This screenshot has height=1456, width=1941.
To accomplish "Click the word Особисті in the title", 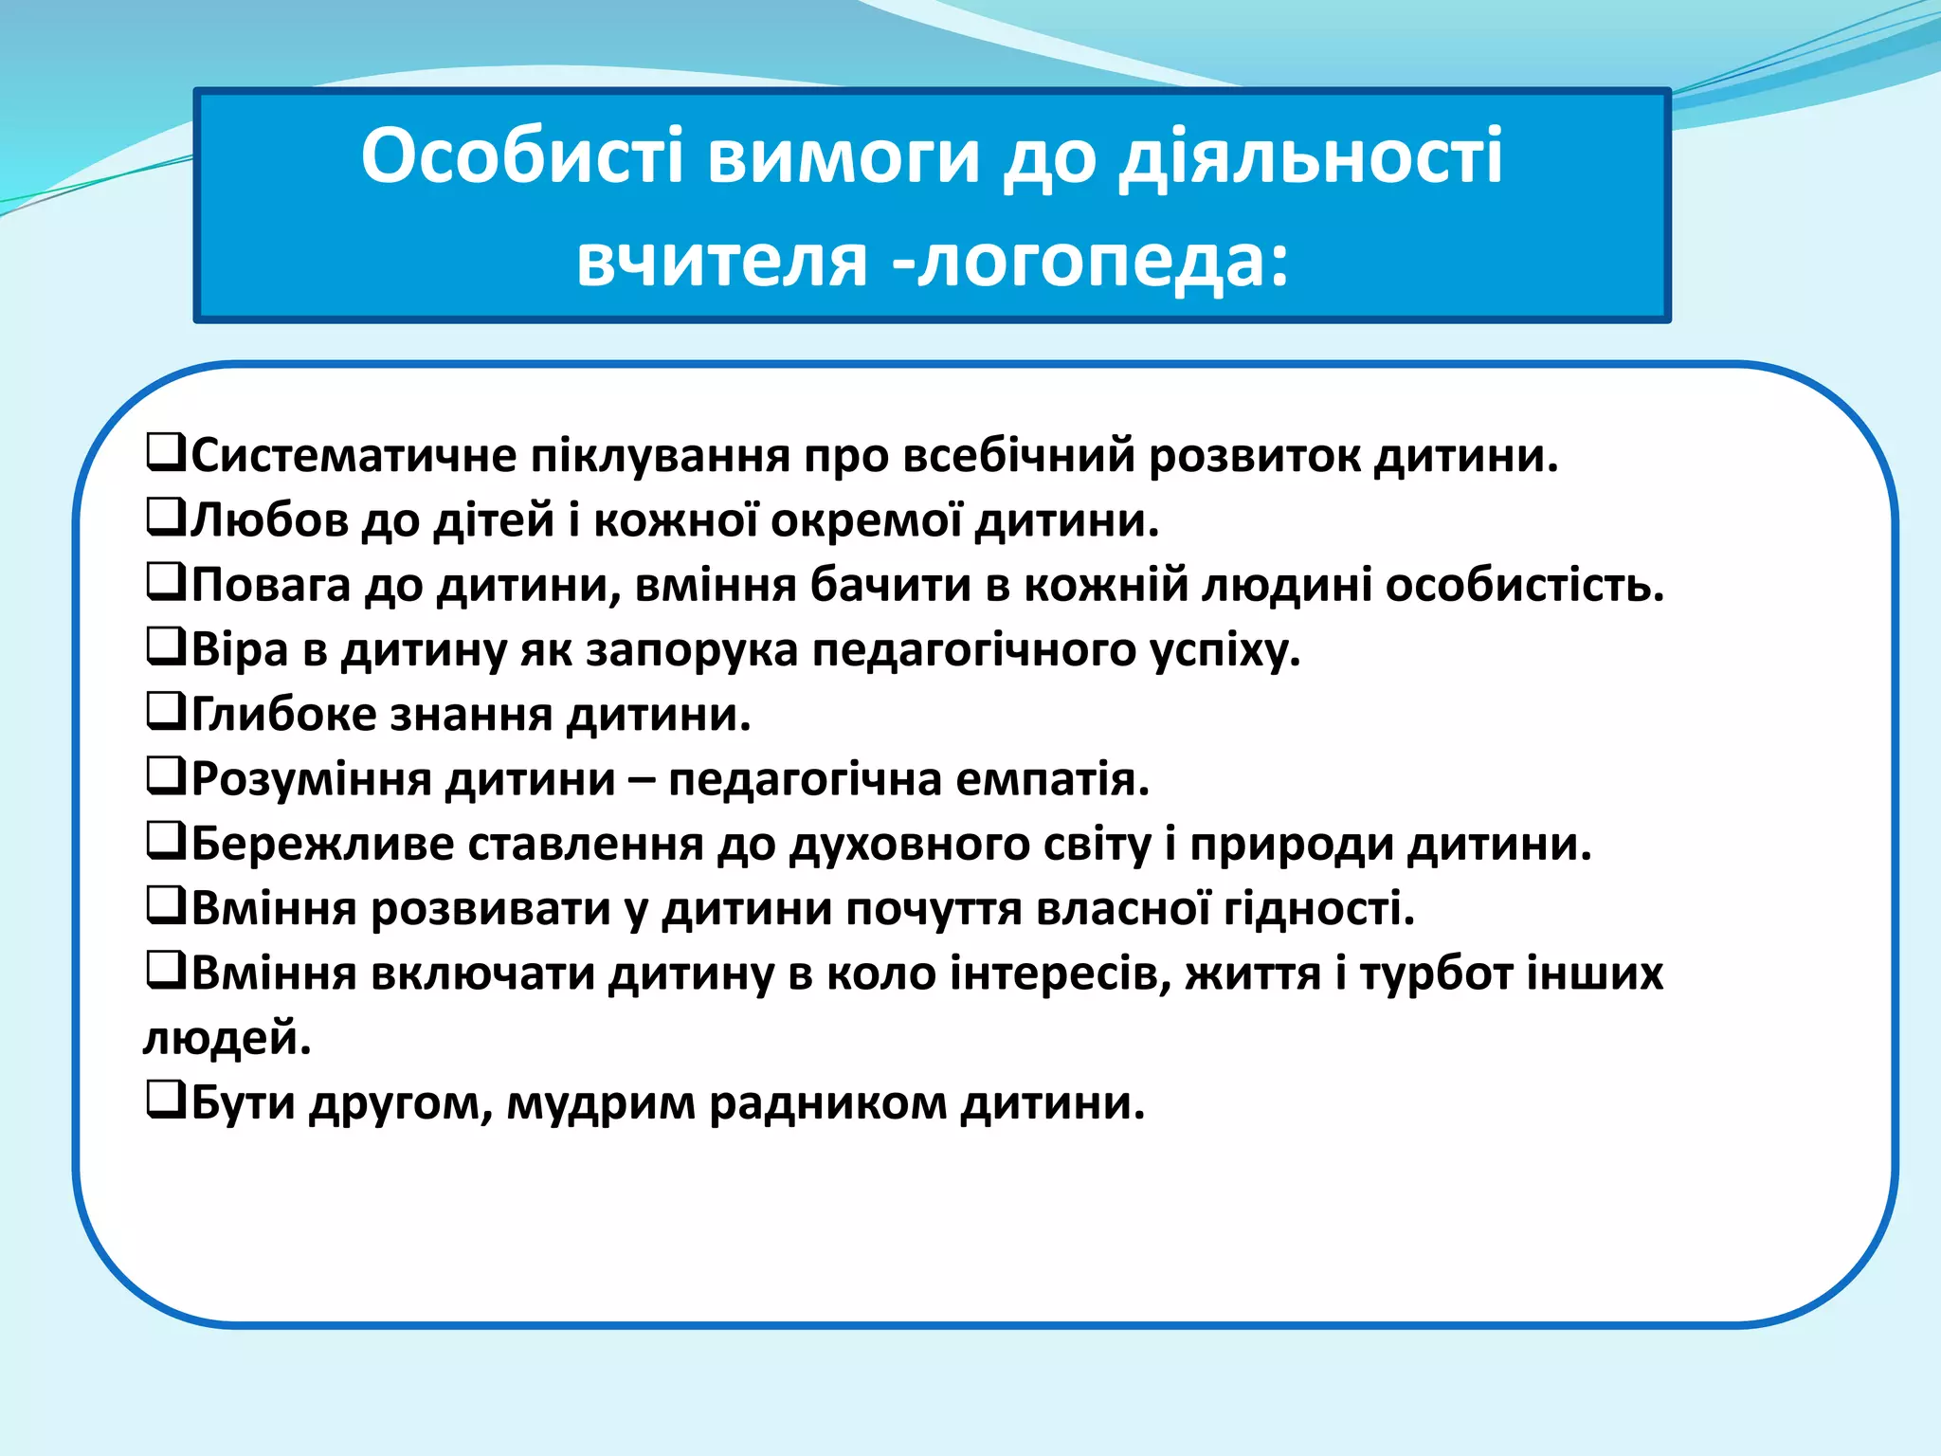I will (x=521, y=156).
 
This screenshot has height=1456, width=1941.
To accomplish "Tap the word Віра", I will (x=240, y=650).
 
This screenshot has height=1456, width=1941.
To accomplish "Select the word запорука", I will (x=691, y=650).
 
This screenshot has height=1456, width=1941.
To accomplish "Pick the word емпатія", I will (x=1052, y=779).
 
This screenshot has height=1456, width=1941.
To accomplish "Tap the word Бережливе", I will (x=322, y=844).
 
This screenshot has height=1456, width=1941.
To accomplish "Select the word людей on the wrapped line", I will (x=227, y=1039).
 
